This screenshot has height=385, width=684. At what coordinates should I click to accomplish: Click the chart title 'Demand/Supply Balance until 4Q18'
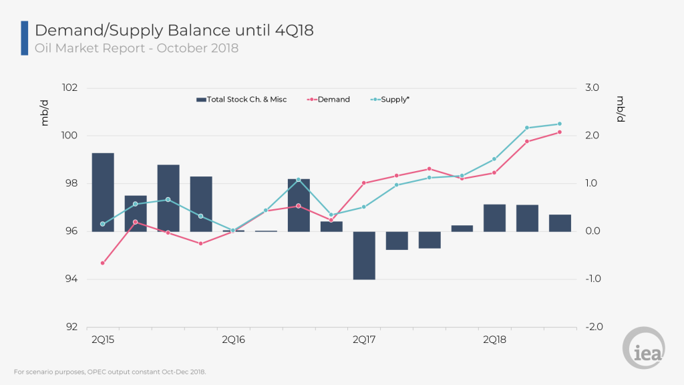tap(174, 30)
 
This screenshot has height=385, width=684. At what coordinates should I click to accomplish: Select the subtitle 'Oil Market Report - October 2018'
tap(136, 48)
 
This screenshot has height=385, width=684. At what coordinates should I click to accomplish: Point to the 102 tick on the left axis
tap(69, 88)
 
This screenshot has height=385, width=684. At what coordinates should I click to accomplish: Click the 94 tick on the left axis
tap(71, 279)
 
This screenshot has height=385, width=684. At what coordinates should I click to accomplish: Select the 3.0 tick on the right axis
tap(592, 88)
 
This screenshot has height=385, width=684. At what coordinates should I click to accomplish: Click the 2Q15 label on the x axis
tap(102, 340)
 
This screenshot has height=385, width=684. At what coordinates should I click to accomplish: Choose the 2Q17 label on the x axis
tap(364, 340)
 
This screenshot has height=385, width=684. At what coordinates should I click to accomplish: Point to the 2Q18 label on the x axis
tap(494, 340)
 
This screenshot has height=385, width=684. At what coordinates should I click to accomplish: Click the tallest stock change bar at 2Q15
tap(103, 192)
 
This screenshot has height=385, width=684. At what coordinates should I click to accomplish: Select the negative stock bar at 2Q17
tap(364, 255)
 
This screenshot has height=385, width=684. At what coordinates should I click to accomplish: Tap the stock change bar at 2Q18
tap(494, 218)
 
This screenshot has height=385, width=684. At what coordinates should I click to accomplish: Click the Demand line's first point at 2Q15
tap(103, 263)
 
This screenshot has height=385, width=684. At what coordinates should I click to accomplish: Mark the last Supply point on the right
tap(560, 124)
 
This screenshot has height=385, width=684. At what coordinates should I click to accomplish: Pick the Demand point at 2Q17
tap(364, 183)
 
